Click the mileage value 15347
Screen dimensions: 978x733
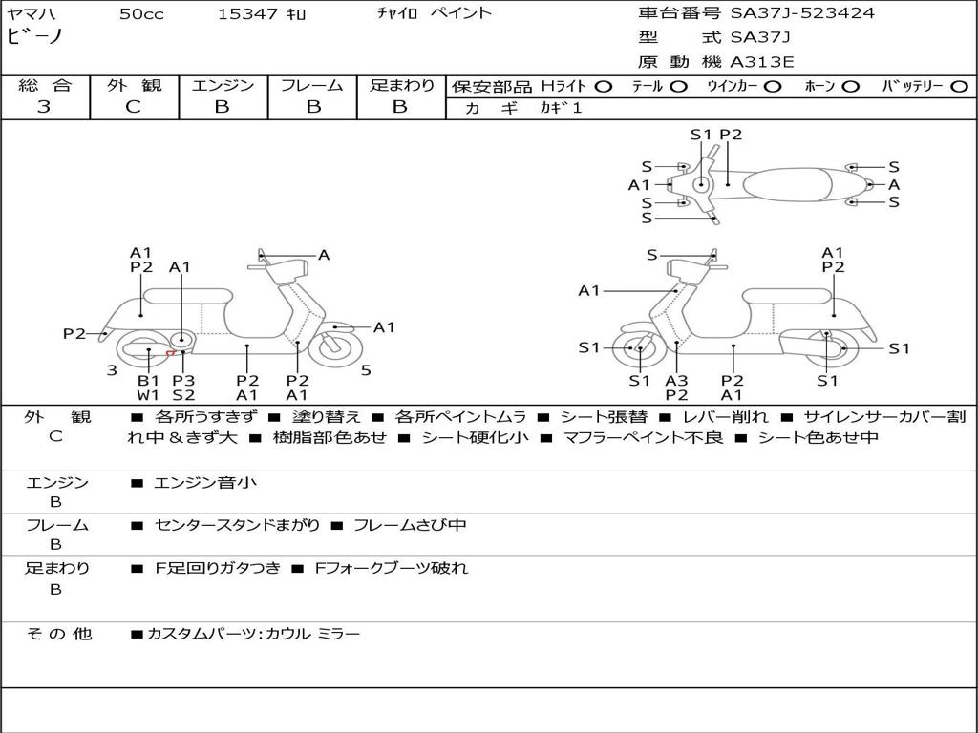(247, 13)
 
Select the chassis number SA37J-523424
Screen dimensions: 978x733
(802, 13)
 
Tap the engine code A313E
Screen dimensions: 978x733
(762, 63)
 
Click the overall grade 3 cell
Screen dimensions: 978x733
(44, 107)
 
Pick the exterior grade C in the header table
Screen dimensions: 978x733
(134, 107)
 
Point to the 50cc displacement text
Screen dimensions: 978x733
(141, 13)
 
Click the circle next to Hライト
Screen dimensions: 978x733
(603, 86)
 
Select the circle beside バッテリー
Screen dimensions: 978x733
(959, 86)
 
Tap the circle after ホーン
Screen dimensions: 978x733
(850, 86)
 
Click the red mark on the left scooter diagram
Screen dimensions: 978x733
(170, 353)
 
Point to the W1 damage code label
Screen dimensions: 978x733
(148, 394)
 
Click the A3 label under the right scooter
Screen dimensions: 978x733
(676, 381)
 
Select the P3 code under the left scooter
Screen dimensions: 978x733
(183, 381)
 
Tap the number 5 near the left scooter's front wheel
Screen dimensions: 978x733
(366, 370)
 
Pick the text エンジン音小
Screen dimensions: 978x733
(205, 483)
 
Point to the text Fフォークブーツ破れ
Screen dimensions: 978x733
(391, 568)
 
